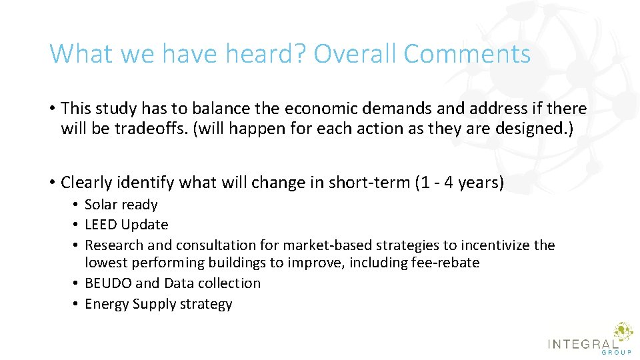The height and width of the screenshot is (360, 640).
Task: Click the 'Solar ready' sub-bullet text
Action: tap(121, 205)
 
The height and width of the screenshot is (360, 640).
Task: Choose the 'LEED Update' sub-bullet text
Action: tap(126, 225)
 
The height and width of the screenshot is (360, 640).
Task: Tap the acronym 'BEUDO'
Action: tap(108, 283)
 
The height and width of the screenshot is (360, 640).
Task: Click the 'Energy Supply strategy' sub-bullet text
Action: tap(158, 304)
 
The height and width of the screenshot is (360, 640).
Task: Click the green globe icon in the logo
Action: tap(623, 331)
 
